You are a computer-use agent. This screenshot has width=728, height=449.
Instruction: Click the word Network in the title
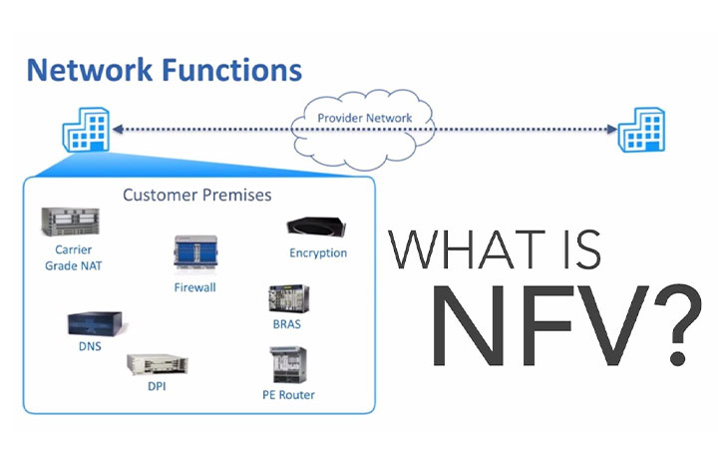click(90, 70)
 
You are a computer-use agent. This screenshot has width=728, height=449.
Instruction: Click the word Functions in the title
click(232, 70)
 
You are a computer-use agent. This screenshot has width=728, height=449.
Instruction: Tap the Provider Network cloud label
click(364, 118)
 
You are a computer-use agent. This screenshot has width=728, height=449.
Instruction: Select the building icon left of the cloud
click(86, 130)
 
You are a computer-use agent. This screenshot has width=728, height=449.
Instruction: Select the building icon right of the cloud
click(642, 130)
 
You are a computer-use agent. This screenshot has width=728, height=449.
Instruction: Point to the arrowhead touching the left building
click(118, 129)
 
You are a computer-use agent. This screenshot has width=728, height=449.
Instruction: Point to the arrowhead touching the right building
click(612, 129)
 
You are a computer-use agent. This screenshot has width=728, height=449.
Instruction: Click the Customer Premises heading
click(196, 195)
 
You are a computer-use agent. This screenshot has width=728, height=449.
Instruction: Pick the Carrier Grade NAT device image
click(70, 222)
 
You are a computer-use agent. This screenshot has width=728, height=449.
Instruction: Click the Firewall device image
click(195, 252)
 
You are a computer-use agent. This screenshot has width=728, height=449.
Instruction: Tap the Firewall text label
click(195, 287)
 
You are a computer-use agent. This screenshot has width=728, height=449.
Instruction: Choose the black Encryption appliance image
click(316, 227)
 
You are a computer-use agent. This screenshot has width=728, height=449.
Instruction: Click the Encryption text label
click(318, 253)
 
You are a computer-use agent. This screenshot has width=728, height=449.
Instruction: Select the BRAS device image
click(288, 298)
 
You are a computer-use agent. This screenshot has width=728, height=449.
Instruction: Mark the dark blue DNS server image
click(95, 323)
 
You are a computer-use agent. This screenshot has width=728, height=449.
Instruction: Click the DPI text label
click(157, 386)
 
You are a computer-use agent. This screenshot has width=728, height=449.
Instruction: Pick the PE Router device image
click(288, 365)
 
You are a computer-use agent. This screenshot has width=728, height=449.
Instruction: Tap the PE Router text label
click(288, 395)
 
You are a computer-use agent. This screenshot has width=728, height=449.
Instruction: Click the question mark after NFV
click(677, 324)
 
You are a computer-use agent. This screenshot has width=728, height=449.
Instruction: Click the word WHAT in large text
click(467, 248)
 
